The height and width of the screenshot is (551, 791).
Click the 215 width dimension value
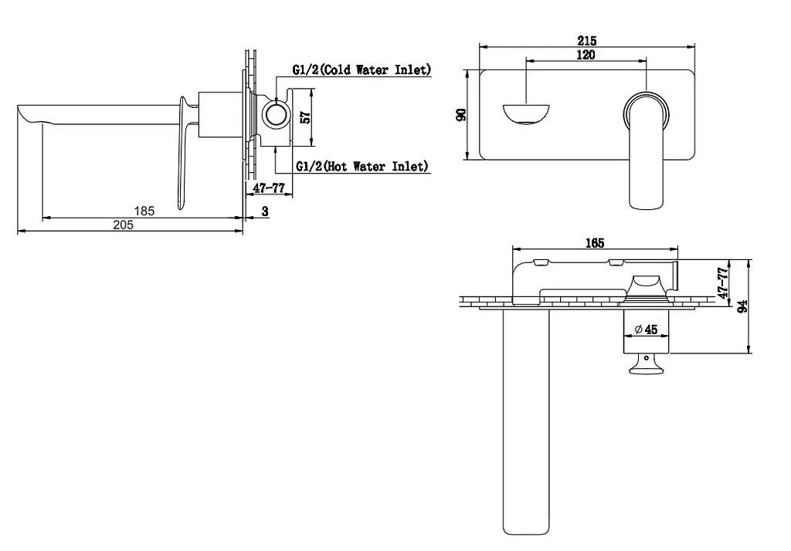[587, 40]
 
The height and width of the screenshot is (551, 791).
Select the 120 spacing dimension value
[586, 55]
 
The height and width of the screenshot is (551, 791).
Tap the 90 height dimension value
[461, 114]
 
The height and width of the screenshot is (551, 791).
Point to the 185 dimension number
[144, 211]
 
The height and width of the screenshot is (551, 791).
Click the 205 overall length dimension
[123, 225]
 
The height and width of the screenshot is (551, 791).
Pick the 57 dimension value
[306, 117]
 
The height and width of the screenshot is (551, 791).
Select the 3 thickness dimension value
[266, 211]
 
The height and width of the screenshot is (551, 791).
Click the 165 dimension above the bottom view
[595, 243]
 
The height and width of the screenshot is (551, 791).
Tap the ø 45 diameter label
[647, 330]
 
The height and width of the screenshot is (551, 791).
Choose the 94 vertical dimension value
[742, 306]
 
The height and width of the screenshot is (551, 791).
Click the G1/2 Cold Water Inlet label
[362, 69]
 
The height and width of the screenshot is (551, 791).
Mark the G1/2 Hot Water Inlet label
[362, 166]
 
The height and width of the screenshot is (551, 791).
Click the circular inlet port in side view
[276, 113]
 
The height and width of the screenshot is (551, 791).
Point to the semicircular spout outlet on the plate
[525, 114]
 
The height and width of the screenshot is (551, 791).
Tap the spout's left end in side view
[19, 106]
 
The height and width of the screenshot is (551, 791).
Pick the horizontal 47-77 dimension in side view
[269, 188]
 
